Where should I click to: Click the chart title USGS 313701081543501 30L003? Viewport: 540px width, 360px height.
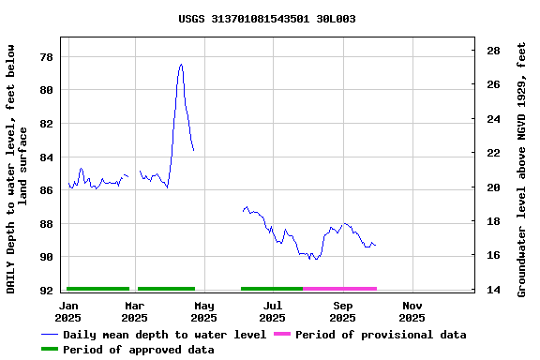coord(266,19)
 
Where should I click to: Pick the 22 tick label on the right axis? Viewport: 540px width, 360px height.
coord(492,153)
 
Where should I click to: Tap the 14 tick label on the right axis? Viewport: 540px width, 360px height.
coord(492,291)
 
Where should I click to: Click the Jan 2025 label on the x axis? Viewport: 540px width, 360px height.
coord(69,311)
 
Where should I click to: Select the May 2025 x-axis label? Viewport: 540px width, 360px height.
coord(203,311)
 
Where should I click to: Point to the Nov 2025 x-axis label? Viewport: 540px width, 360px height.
coord(412,311)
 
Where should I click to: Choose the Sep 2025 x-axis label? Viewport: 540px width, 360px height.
coord(342,311)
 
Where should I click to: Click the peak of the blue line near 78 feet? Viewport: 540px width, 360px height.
coord(181,65)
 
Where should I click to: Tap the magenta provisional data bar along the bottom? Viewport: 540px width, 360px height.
coord(339,289)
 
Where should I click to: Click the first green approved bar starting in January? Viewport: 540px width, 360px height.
coord(97,289)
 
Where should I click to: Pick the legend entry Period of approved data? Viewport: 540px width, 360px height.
coord(151,350)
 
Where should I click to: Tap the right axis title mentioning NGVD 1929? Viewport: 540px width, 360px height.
coord(522,169)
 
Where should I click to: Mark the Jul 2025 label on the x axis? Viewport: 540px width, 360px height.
coord(272,311)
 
